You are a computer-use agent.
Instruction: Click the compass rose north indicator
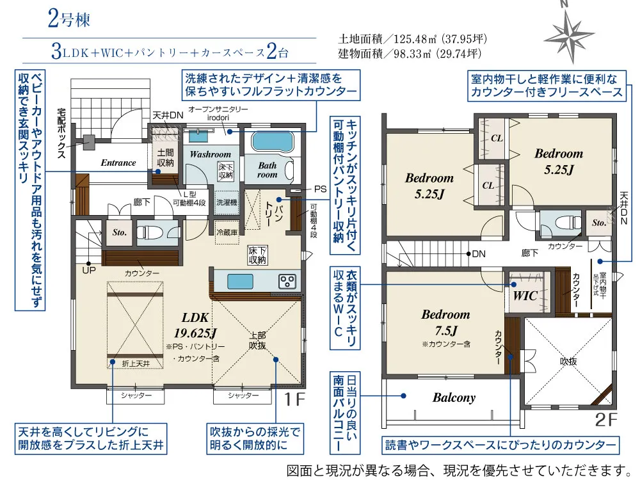click(564, 29)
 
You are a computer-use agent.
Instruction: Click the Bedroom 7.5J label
click(445, 322)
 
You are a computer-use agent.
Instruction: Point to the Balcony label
click(454, 397)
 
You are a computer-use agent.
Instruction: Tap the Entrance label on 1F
click(118, 163)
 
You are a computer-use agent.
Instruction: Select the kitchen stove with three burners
click(287, 281)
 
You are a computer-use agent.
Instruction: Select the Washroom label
click(210, 154)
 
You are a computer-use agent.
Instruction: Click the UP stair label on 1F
click(88, 270)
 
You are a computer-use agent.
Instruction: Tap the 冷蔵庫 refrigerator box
click(227, 232)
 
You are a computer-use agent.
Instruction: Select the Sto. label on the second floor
click(598, 223)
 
